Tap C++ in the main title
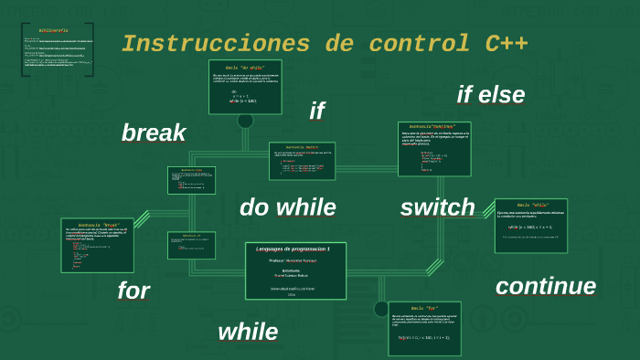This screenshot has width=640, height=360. pos(500,44)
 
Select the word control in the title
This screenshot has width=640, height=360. pos(402,44)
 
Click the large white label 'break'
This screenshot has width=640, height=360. pos(154,132)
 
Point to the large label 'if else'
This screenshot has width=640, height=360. pos(491,94)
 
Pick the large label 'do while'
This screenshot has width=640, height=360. pos(287,207)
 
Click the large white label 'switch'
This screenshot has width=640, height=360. pos(437,207)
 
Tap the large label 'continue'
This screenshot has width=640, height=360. pos(545,286)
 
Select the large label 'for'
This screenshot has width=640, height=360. pos(133,291)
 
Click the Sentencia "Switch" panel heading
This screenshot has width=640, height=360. pos(302,147)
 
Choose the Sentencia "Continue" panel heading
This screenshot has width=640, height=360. pos(434,127)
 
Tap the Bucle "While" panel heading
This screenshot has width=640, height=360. pos(532,205)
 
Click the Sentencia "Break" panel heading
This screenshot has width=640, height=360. pos(98,224)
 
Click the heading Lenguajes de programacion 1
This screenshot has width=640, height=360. pos(294,249)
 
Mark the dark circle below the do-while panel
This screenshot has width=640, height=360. pos(245,121)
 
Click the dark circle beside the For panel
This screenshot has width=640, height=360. pos(380,309)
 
